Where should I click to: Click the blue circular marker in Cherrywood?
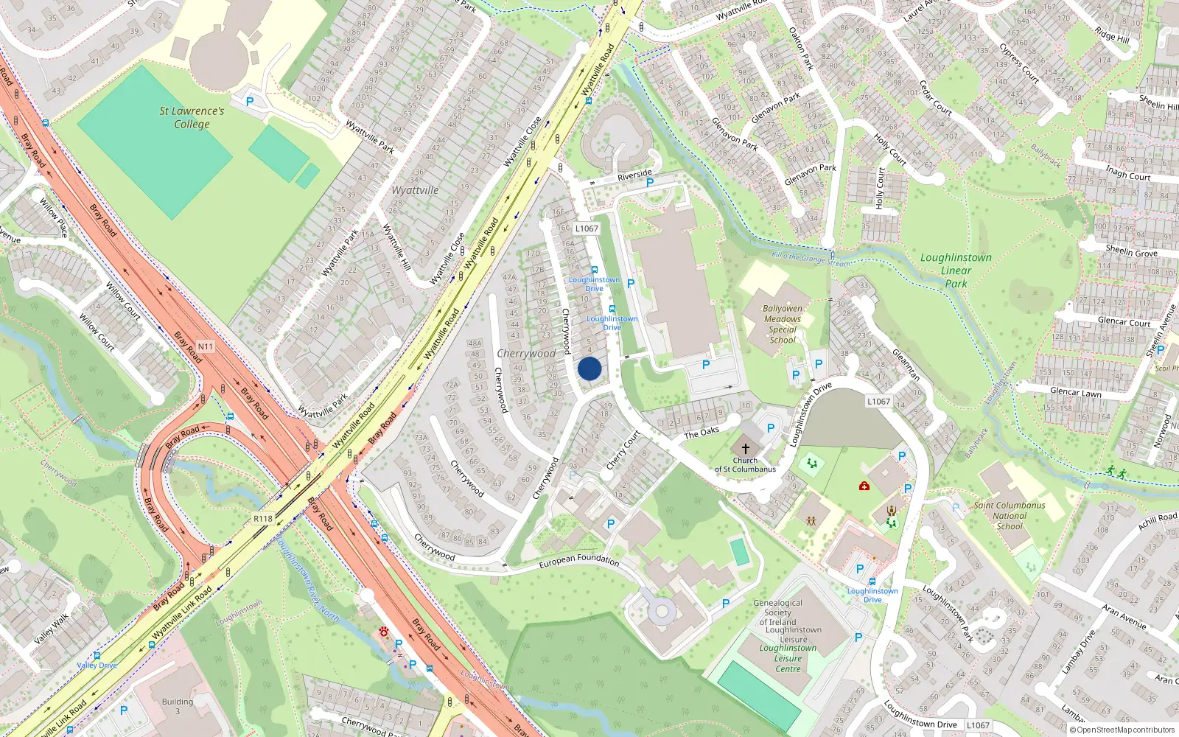pos(589,368)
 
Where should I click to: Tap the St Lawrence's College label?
pos(192,117)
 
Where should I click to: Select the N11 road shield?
pos(205,346)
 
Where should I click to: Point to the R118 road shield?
pos(263,519)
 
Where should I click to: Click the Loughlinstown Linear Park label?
pos(956,270)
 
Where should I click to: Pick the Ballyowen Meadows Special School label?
pos(783,324)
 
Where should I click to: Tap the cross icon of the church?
pos(745,448)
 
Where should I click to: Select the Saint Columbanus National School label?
pos(1010,515)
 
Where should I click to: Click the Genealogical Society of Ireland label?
pos(777,612)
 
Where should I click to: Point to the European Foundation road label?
pos(579,561)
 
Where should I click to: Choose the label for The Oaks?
pos(702,433)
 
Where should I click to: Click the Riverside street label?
pos(634,175)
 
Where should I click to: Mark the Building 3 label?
pos(177,706)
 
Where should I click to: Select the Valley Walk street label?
pos(51,629)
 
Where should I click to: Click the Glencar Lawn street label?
pos(1075,392)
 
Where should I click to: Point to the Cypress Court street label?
pos(1019,63)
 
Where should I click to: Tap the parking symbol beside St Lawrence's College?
pos(250,102)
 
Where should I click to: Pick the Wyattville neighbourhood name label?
pos(415,190)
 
